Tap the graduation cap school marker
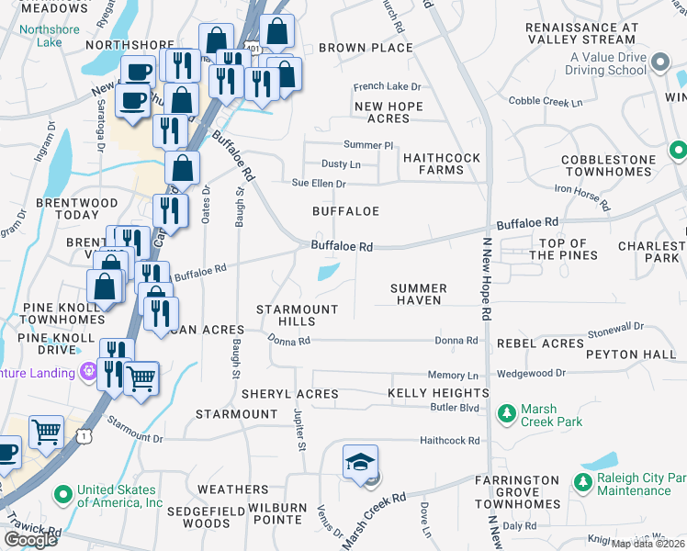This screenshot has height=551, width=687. click(x=361, y=461)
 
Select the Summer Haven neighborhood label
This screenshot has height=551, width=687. click(x=419, y=294)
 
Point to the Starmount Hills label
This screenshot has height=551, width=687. click(x=297, y=315)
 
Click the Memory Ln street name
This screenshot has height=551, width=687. click(x=453, y=375)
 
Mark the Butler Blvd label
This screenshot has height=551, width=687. click(x=456, y=406)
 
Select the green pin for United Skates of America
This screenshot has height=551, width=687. click(x=63, y=495)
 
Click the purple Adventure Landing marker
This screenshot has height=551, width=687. click(x=89, y=372)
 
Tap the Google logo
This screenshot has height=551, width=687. click(x=30, y=539)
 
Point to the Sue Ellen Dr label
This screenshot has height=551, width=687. click(x=319, y=184)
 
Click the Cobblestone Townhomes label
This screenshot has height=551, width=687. click(x=609, y=165)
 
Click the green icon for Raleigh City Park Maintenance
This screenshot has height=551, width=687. click(x=582, y=482)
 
